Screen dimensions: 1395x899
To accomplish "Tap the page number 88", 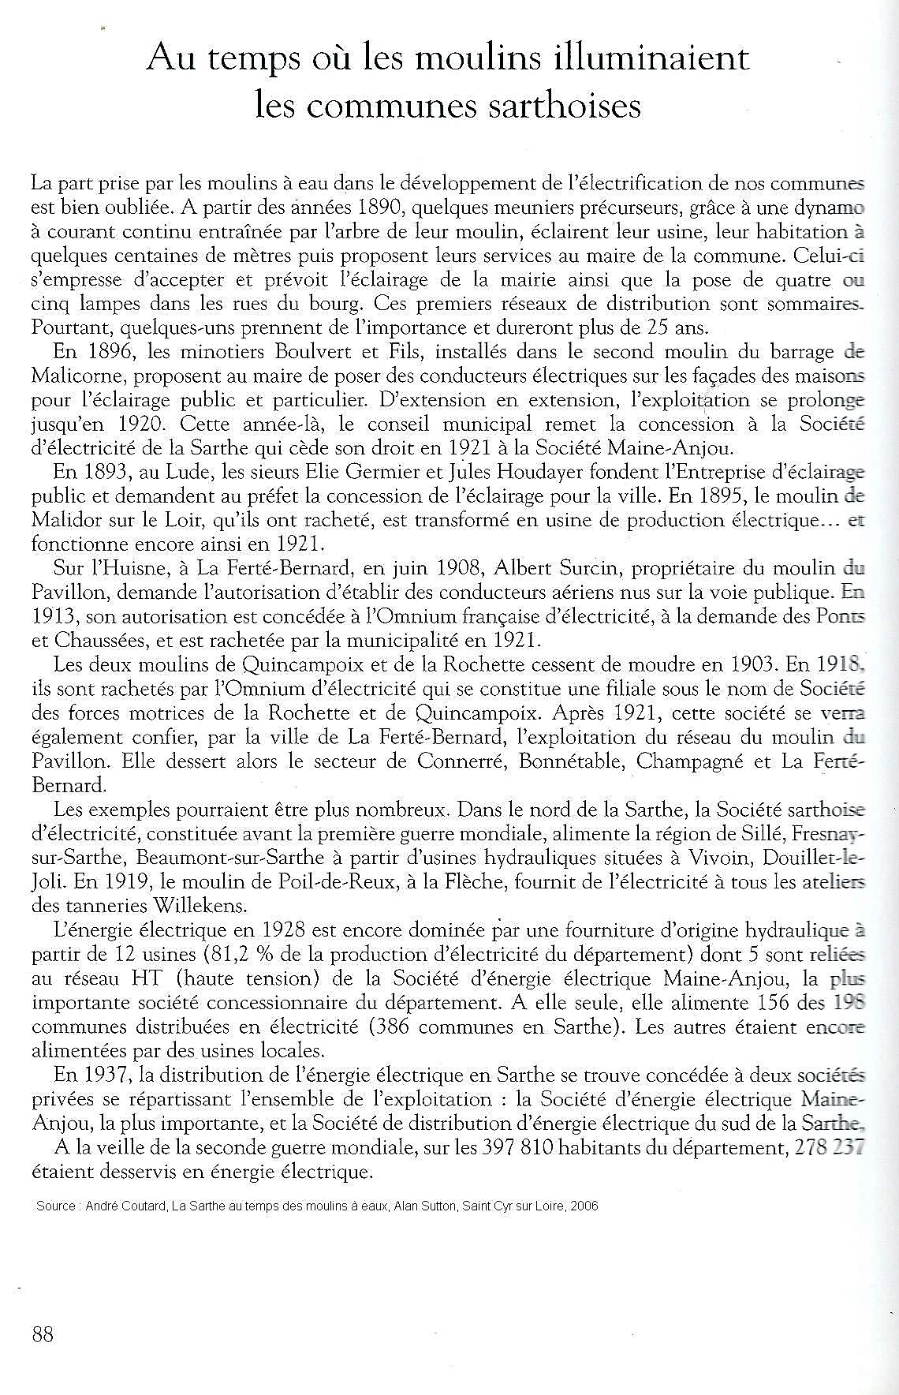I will point(43,1334).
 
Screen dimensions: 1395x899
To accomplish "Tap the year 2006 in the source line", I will point(584,1206).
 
